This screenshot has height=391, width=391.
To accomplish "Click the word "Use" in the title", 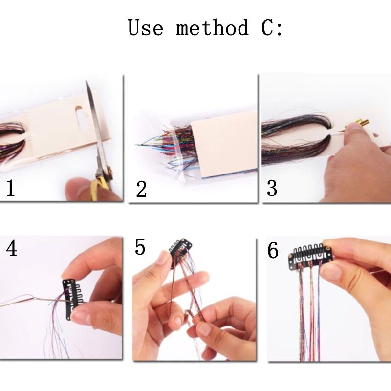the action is click(x=146, y=27).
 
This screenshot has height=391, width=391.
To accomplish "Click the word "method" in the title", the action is click(x=213, y=27).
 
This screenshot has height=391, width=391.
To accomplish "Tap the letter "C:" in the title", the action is click(x=272, y=27).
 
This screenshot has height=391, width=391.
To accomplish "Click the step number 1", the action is click(x=10, y=188).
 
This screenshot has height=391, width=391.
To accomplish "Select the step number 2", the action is click(x=141, y=189).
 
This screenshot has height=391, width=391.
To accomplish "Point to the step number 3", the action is click(x=272, y=188).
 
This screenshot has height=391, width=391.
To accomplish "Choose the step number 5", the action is click(x=140, y=247).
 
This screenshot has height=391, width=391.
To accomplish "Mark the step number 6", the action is click(x=273, y=250).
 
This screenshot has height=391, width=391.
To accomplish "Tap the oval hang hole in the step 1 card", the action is click(x=81, y=119).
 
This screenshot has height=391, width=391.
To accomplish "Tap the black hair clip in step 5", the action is click(x=180, y=249).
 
